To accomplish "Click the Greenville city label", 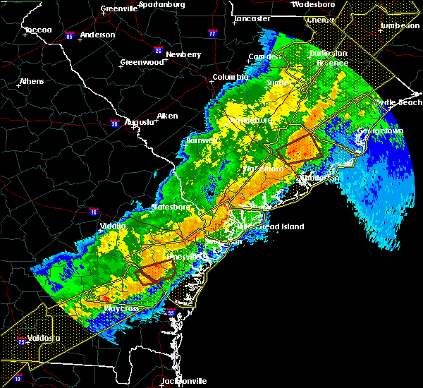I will pos(118,9).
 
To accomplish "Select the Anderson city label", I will pos(97,35).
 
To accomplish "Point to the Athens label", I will pos(31,81).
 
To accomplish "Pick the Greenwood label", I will pos(137,62).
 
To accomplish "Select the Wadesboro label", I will pos(312,4).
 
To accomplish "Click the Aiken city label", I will pos(167,116).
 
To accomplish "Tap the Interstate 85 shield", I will pos(70,35).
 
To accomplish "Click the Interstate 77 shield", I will pos(212,32).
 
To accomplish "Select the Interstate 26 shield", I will pos(159,51).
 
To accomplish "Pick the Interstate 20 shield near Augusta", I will pos(114,124).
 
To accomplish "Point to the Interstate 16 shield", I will pos(95,211).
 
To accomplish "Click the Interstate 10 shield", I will pos(18,378).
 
